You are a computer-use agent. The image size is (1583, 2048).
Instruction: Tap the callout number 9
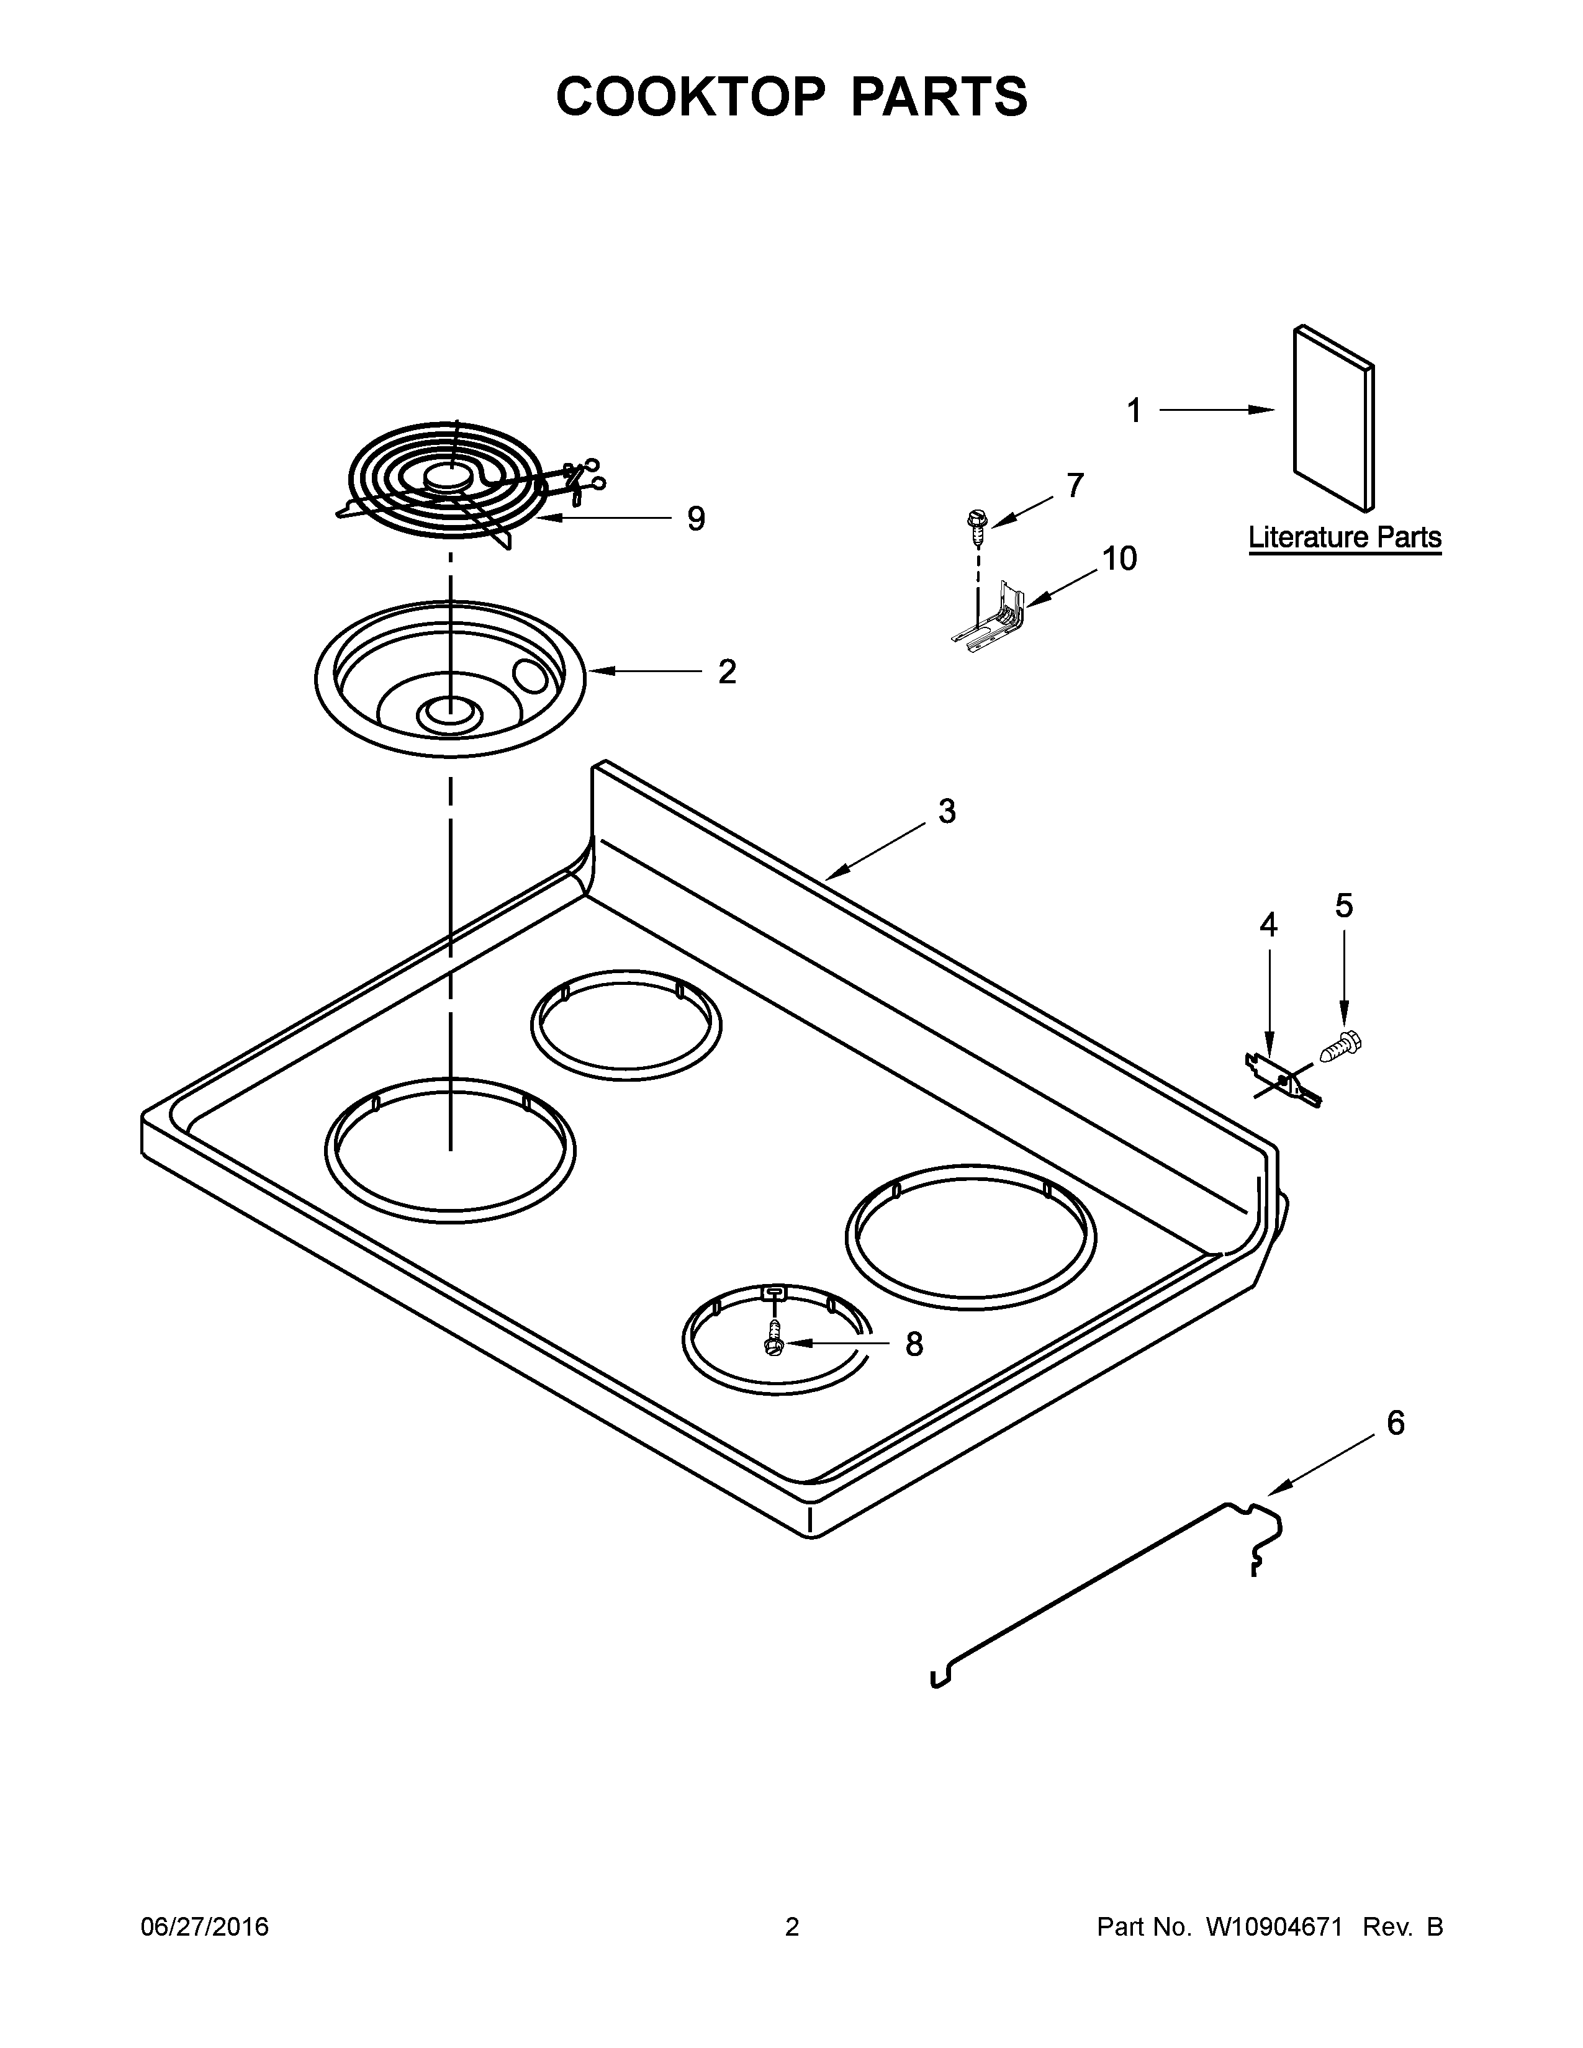[695, 519]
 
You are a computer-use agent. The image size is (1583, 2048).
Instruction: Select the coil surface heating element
[446, 481]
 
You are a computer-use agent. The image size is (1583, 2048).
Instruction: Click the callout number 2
[727, 671]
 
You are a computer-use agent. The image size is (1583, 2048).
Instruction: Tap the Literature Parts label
[1344, 537]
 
